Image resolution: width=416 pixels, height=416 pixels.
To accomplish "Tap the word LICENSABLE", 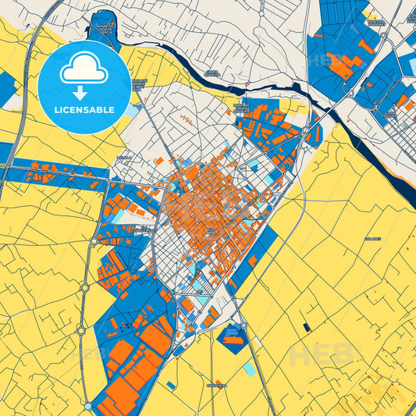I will click(x=84, y=109).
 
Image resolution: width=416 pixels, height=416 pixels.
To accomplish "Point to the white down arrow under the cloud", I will click(x=84, y=93).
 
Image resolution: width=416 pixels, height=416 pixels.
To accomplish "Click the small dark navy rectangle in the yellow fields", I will click(x=307, y=325).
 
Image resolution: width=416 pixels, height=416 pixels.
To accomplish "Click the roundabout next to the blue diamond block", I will click(x=243, y=325).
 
